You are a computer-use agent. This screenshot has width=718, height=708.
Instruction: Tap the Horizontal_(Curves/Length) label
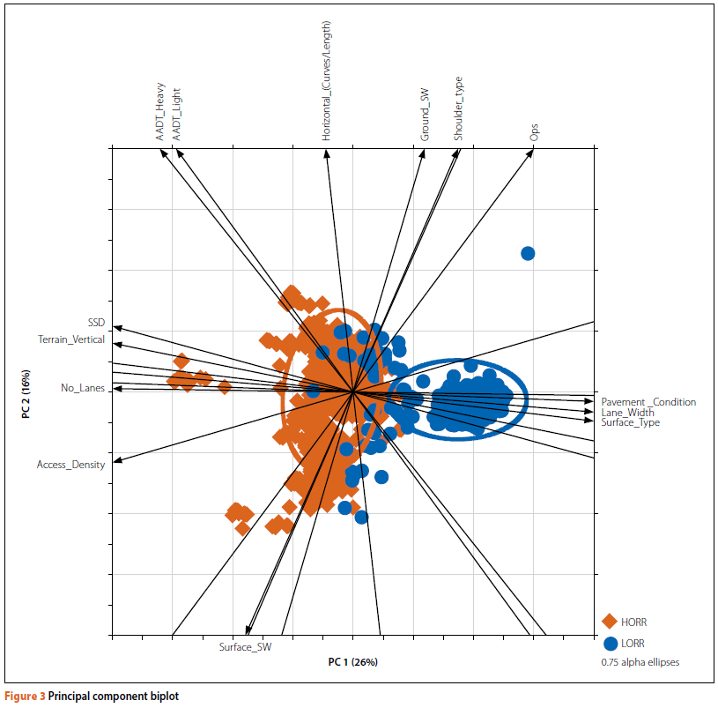point(327,82)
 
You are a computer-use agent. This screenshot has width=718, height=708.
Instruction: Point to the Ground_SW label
point(425,115)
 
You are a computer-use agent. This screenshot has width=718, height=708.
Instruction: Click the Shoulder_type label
point(458,108)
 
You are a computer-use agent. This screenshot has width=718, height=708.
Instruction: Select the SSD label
point(96,323)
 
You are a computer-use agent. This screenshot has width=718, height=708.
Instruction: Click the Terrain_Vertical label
point(71,339)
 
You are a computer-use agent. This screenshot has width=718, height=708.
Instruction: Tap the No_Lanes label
point(83,387)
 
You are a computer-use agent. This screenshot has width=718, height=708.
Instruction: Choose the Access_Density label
point(70,465)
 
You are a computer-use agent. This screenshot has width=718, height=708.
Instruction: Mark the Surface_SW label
point(245,647)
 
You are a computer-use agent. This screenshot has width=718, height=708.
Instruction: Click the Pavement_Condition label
point(648,402)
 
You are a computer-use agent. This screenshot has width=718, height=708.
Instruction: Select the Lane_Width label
point(627,413)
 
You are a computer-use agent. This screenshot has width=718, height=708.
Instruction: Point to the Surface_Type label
point(630,423)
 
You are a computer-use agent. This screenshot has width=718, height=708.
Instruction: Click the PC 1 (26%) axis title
point(352,662)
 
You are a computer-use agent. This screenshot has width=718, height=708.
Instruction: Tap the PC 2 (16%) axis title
point(27,393)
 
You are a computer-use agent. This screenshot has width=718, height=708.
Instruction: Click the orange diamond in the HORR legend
point(610,622)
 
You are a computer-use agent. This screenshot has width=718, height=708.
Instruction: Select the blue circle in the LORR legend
point(610,644)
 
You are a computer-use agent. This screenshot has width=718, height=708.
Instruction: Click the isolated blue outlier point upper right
point(528,254)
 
